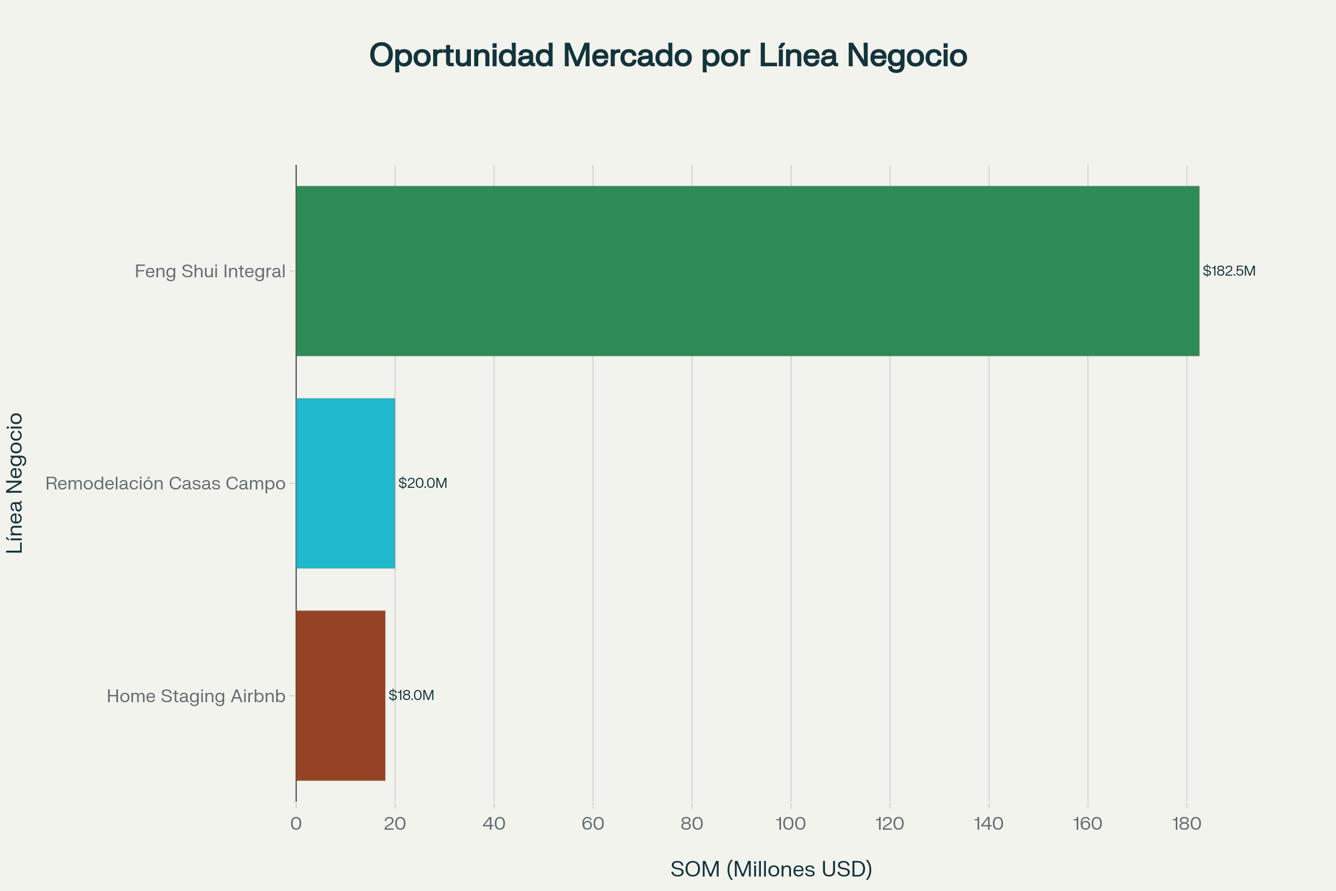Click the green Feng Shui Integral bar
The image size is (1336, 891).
click(x=747, y=271)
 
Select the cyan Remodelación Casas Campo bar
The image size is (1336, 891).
click(x=345, y=483)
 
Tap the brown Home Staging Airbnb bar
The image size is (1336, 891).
click(x=340, y=696)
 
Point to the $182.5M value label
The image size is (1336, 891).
click(x=1229, y=271)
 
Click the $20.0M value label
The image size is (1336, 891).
click(x=423, y=483)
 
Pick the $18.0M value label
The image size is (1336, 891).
click(x=411, y=696)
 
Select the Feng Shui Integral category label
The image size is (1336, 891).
click(x=210, y=272)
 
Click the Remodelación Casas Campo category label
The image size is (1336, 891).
click(x=165, y=483)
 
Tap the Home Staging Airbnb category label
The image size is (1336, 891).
click(x=196, y=696)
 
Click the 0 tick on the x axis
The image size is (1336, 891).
click(x=296, y=824)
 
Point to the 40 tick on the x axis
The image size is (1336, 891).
click(x=494, y=824)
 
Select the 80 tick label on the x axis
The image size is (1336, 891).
click(x=692, y=824)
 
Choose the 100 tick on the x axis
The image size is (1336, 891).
click(x=790, y=824)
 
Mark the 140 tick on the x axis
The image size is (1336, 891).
click(x=989, y=824)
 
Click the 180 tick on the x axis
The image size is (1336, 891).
click(x=1187, y=824)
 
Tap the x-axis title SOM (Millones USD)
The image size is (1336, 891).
click(x=771, y=869)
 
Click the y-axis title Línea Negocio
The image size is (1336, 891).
click(x=16, y=483)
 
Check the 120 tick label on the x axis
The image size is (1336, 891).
click(x=890, y=824)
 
